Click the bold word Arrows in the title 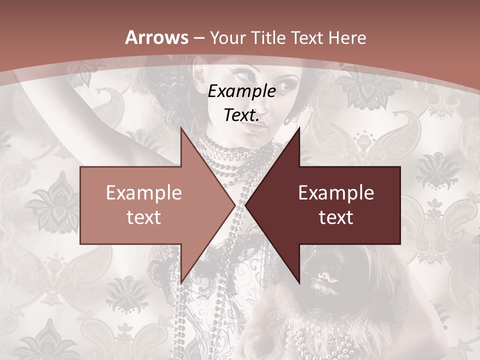click(x=157, y=37)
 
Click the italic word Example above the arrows click(x=241, y=91)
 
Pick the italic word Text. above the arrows click(x=241, y=115)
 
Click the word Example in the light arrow click(x=143, y=193)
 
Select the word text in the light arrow click(x=143, y=217)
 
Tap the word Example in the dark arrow click(x=336, y=193)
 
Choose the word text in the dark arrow click(x=336, y=217)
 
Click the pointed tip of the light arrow click(x=234, y=205)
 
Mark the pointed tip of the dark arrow click(x=246, y=205)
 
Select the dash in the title click(x=198, y=38)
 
